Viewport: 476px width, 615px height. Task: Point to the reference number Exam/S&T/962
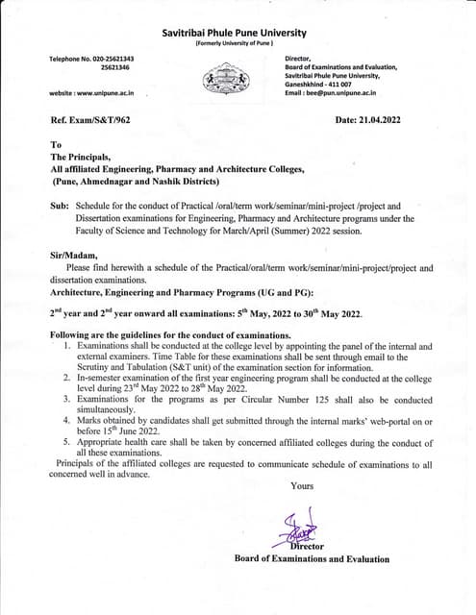93,120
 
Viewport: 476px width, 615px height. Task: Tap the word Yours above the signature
302,485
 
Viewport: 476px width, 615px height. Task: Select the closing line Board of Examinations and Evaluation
312,558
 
